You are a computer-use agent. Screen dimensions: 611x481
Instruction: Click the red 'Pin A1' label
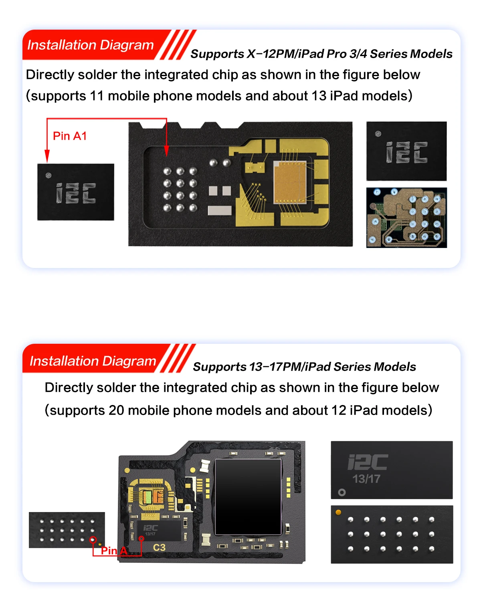point(70,136)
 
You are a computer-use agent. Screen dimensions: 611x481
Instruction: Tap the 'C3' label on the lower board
point(159,547)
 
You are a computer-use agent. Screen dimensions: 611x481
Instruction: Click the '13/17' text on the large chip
point(366,479)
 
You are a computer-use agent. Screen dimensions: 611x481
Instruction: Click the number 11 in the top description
point(97,96)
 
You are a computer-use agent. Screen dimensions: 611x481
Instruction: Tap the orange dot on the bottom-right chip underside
point(338,512)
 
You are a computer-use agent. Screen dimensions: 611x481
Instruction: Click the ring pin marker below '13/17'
point(342,492)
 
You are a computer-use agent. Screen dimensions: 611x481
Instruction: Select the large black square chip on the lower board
point(248,497)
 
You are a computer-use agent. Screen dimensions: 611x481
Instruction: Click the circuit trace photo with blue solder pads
point(406,218)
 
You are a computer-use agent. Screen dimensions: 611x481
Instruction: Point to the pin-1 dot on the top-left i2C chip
point(49,175)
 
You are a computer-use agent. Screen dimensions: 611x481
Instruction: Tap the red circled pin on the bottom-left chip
point(93,540)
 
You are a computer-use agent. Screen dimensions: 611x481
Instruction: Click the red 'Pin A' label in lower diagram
point(114,551)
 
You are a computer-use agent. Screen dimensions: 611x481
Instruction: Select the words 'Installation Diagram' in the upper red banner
point(90,45)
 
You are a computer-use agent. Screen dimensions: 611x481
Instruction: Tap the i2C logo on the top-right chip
point(406,152)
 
